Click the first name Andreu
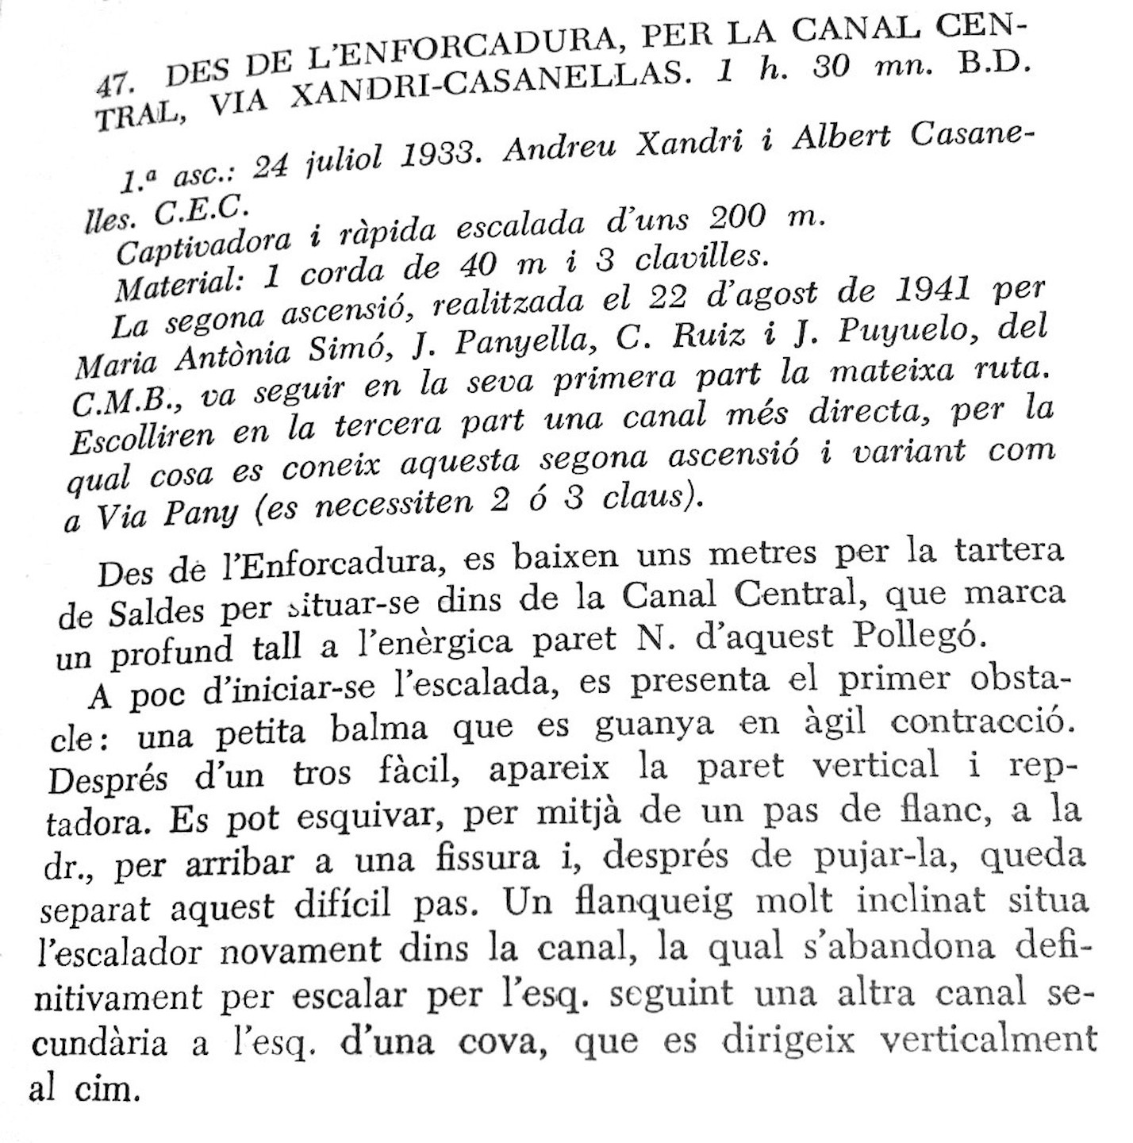(559, 148)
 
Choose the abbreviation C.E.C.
(202, 210)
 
